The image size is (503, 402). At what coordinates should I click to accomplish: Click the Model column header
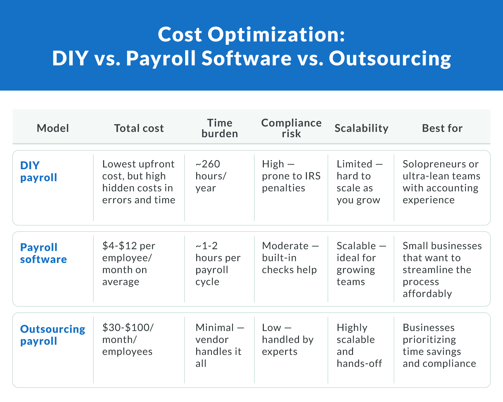point(53,128)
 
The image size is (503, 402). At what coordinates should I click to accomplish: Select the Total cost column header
point(139,128)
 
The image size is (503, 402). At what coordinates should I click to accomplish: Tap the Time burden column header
point(219,128)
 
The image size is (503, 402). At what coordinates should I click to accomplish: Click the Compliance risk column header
point(291,128)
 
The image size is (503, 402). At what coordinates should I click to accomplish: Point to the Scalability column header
point(361,128)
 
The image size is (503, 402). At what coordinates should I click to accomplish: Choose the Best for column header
point(442,128)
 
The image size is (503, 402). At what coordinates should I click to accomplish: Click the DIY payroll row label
point(38,171)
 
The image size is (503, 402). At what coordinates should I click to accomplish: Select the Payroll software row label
point(43,253)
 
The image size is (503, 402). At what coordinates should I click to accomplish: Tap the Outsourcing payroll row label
point(53,335)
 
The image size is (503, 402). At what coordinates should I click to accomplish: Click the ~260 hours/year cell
point(211,176)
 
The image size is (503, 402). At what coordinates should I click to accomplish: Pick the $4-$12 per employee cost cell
point(129,264)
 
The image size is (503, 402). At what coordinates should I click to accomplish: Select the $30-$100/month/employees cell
point(128,339)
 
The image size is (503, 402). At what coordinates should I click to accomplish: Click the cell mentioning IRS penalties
point(291,176)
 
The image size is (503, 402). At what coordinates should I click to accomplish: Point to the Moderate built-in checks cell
point(290,258)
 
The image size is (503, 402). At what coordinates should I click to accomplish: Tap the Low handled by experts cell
point(288,339)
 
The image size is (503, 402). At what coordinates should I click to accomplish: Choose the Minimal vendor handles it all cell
point(219,345)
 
